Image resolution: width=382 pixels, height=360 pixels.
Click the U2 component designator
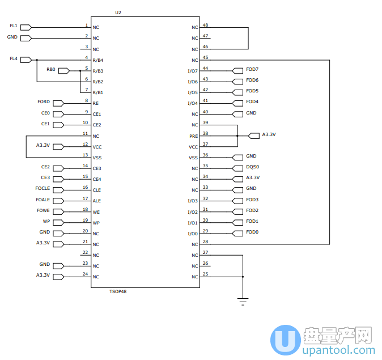(118, 12)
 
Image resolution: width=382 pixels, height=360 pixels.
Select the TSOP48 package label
(117, 291)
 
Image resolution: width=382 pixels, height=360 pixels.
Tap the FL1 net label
(14, 26)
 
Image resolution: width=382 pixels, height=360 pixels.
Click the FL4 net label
(14, 59)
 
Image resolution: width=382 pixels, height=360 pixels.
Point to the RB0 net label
(51, 70)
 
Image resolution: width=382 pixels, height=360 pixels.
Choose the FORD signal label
(44, 102)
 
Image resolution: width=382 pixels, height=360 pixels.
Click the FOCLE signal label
(43, 188)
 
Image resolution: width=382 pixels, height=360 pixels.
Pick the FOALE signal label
(43, 200)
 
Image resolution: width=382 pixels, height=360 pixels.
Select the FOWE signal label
(43, 210)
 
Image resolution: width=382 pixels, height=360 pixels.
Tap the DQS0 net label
(252, 167)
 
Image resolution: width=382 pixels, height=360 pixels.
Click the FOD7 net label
(252, 69)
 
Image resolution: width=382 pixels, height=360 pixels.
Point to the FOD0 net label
(252, 232)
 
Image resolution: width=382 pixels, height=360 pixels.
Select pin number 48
(205, 25)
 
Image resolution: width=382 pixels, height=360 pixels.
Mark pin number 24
(85, 274)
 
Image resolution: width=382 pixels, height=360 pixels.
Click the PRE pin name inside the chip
(193, 136)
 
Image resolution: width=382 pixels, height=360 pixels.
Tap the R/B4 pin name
(98, 60)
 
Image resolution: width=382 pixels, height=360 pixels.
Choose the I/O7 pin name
(193, 71)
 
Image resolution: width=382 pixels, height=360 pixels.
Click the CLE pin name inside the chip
(97, 190)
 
